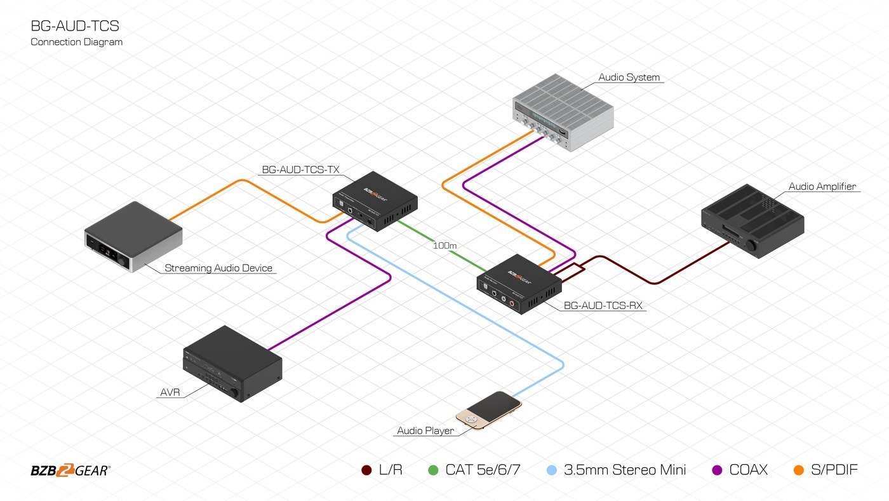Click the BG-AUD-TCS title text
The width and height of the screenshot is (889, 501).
click(75, 26)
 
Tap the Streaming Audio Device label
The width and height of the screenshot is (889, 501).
click(218, 268)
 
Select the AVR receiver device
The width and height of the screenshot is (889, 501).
click(232, 364)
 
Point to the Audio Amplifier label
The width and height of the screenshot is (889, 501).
click(822, 187)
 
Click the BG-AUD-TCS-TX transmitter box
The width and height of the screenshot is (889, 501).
click(375, 200)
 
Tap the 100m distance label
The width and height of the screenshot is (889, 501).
click(445, 245)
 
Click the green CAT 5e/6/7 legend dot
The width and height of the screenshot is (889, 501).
click(434, 470)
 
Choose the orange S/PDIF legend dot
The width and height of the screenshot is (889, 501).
click(799, 470)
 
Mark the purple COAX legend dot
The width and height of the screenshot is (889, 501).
click(718, 470)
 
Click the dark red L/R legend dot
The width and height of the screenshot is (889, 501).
click(366, 470)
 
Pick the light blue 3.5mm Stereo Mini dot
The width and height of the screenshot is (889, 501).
click(552, 470)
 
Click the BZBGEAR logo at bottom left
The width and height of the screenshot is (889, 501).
click(70, 471)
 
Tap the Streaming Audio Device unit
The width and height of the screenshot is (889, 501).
click(133, 237)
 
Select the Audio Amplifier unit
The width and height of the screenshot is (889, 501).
click(752, 220)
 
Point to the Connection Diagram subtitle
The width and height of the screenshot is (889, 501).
click(77, 42)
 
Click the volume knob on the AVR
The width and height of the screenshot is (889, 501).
click(236, 395)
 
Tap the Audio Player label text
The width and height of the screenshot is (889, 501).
click(425, 431)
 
